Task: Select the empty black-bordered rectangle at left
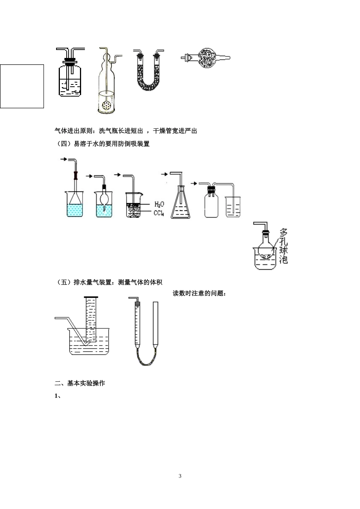(x=22, y=86)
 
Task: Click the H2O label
(x=159, y=204)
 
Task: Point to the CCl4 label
(x=159, y=213)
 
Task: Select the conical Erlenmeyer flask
(x=180, y=205)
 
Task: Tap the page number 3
(x=180, y=476)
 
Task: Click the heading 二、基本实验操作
(x=80, y=383)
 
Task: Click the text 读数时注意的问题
(x=199, y=293)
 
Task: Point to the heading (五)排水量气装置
(x=109, y=282)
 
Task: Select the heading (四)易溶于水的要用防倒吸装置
(x=102, y=144)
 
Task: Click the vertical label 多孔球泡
(x=283, y=246)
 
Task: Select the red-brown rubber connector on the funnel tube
(x=76, y=176)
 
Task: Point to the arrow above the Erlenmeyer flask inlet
(x=164, y=174)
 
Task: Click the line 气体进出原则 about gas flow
(x=126, y=131)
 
